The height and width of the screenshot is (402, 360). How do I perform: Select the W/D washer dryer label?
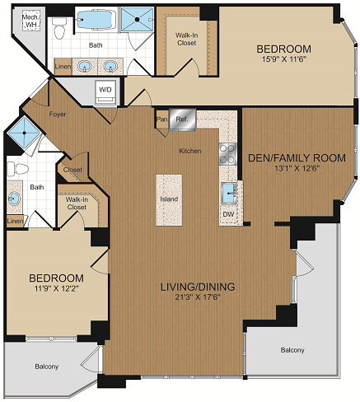click(x=106, y=89)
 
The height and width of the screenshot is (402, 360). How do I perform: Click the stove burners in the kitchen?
click(x=225, y=154)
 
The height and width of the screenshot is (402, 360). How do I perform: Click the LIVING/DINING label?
click(x=197, y=287)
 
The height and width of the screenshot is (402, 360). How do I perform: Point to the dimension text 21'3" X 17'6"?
click(x=197, y=297)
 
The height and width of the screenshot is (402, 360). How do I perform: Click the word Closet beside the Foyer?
click(x=73, y=171)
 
